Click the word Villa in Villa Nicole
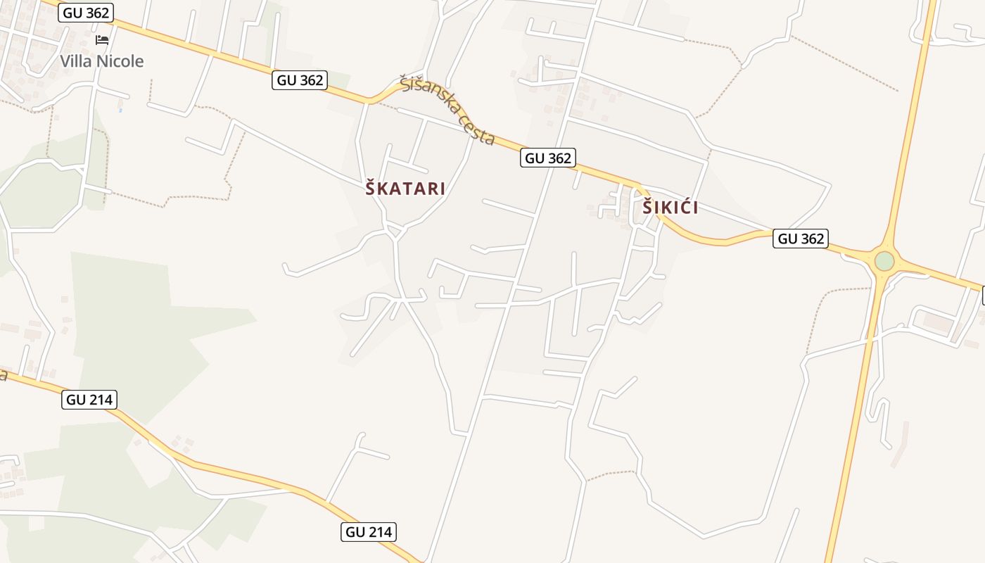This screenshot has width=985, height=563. tap(75, 61)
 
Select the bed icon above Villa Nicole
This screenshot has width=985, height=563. tap(102, 39)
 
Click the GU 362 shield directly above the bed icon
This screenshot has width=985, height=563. tap(86, 12)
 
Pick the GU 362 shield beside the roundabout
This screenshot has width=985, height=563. tap(801, 239)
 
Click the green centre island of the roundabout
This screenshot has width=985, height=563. tap(884, 261)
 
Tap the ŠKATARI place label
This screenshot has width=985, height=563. tap(405, 189)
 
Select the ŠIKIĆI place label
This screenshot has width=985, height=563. tap(670, 208)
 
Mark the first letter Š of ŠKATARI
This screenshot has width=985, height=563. tap(370, 188)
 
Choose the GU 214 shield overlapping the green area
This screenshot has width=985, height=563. tap(89, 400)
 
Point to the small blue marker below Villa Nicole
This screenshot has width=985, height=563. tap(120, 110)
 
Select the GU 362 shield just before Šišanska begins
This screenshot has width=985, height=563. tap(300, 80)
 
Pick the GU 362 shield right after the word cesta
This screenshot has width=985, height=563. tap(548, 158)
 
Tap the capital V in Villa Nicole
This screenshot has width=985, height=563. tap(65, 61)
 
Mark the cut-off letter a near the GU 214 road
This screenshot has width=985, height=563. tap(3, 374)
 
